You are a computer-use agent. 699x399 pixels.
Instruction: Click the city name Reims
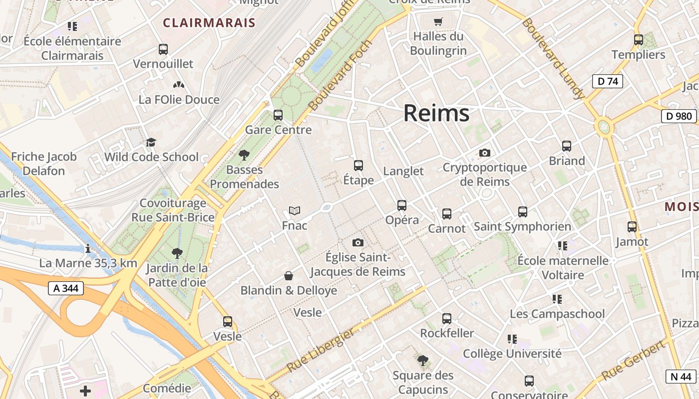(436, 113)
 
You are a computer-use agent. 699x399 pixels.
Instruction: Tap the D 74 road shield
(607, 81)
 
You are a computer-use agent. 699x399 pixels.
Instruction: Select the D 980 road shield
(679, 116)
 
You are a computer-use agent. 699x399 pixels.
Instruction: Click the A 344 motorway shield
(66, 288)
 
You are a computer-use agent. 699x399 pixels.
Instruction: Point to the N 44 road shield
(681, 377)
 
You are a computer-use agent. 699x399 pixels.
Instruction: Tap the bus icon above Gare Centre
(278, 115)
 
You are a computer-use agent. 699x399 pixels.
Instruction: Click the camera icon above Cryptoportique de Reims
(484, 153)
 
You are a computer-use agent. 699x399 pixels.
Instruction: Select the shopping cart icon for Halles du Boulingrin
(438, 21)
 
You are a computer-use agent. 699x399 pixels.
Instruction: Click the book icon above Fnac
(295, 211)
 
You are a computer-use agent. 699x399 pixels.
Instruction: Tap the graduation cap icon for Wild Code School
(151, 143)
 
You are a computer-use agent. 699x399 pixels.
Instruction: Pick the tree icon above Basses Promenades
(244, 155)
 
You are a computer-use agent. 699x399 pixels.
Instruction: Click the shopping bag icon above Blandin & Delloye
(289, 276)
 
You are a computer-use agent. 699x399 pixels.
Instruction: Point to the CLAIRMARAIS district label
(209, 22)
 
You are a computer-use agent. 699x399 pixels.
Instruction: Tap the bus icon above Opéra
(402, 205)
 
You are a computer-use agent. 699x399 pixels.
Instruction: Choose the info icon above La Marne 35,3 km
(88, 248)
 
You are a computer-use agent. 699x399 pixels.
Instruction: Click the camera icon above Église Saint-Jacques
(357, 243)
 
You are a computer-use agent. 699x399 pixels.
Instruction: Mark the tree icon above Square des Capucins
(423, 360)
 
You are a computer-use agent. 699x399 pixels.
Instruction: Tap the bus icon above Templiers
(638, 40)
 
